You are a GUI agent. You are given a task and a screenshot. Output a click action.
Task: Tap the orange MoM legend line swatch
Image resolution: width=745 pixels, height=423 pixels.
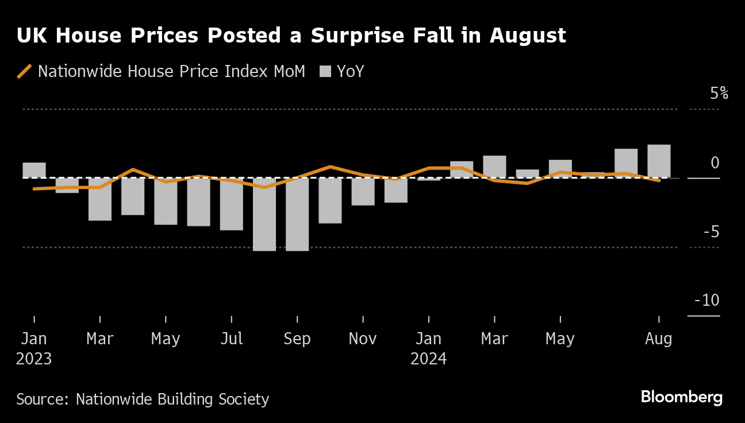click(x=24, y=71)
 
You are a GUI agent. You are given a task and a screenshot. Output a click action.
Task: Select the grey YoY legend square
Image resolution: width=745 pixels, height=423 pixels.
click(x=326, y=71)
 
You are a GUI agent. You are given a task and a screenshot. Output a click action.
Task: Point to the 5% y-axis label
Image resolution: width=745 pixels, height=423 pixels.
click(x=719, y=93)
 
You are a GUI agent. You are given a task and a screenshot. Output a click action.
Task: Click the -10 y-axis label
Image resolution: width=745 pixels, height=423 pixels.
click(x=706, y=301)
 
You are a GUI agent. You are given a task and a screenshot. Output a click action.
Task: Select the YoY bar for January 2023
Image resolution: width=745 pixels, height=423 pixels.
click(x=34, y=170)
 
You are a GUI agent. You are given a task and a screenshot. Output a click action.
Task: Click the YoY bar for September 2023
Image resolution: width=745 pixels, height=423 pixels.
click(x=297, y=214)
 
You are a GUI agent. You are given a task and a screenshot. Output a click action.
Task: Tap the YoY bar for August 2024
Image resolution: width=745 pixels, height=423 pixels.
click(x=659, y=161)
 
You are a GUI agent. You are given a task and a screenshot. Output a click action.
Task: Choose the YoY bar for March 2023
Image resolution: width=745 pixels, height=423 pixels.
click(x=100, y=199)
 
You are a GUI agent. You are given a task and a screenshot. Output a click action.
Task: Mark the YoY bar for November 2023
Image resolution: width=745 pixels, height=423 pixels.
click(x=363, y=191)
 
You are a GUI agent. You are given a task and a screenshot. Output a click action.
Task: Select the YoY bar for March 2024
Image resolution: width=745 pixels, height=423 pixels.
click(x=494, y=167)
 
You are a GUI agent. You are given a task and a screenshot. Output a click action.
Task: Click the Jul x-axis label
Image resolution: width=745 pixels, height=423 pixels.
click(x=231, y=339)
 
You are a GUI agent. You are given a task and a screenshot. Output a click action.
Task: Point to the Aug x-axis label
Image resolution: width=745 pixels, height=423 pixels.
click(x=658, y=339)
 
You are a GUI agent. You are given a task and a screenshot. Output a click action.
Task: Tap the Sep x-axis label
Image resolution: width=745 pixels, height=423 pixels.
click(x=297, y=339)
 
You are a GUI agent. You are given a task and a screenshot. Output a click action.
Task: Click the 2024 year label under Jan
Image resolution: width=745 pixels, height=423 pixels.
click(x=428, y=359)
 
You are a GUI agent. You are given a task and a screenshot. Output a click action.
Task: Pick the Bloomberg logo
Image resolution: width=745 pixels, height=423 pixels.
click(x=681, y=397)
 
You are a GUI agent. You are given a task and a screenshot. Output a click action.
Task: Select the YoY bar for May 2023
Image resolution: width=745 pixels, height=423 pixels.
click(x=166, y=201)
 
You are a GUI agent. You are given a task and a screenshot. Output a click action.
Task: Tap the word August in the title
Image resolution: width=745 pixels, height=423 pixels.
click(x=528, y=36)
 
